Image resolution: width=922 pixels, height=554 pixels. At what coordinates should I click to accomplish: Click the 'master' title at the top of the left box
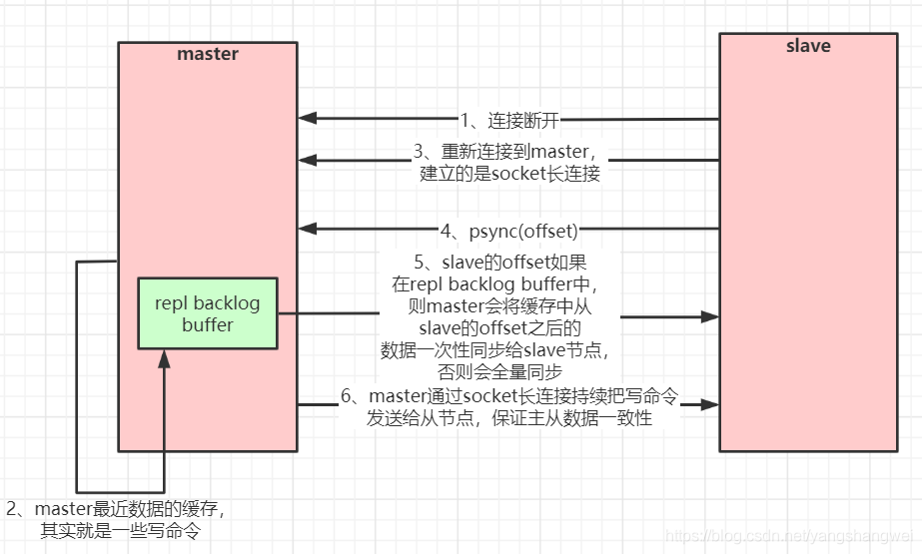click(208, 54)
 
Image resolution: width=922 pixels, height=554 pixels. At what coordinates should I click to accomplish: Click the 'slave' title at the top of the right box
click(808, 46)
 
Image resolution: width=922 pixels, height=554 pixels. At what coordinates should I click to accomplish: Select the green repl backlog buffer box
click(208, 312)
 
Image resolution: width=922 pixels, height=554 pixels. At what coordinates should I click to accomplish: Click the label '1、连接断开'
click(508, 121)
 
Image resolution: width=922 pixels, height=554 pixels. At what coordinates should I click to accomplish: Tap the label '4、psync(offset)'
click(509, 231)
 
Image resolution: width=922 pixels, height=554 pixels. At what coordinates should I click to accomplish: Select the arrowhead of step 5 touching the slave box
click(710, 316)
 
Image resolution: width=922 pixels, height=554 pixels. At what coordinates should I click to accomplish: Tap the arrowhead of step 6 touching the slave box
click(710, 404)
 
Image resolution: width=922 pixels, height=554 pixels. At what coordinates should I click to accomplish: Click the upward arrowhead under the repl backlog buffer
click(164, 356)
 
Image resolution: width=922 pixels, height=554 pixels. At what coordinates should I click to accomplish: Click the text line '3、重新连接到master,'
click(509, 152)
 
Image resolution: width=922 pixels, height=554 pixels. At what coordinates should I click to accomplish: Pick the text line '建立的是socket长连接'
click(509, 173)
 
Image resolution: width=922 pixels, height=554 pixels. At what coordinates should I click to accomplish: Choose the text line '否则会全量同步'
click(508, 370)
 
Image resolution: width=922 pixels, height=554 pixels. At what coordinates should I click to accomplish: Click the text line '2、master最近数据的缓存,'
click(117, 509)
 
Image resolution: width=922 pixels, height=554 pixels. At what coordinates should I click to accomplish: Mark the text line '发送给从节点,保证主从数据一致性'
click(509, 418)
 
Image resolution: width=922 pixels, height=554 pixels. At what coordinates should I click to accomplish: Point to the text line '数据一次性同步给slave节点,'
click(508, 349)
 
